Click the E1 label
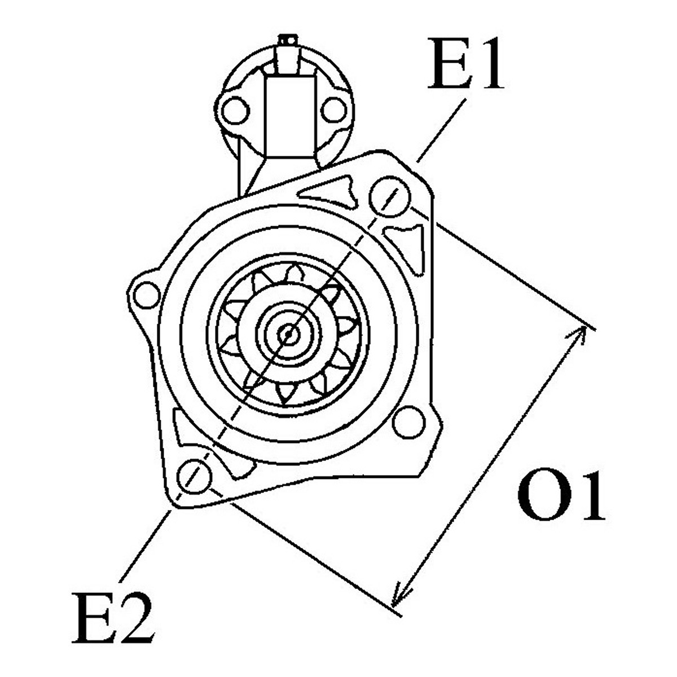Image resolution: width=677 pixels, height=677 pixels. coord(466,64)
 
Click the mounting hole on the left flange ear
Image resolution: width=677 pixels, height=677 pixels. coord(147,295)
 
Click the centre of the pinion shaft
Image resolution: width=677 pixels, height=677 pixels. coord(288,334)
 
